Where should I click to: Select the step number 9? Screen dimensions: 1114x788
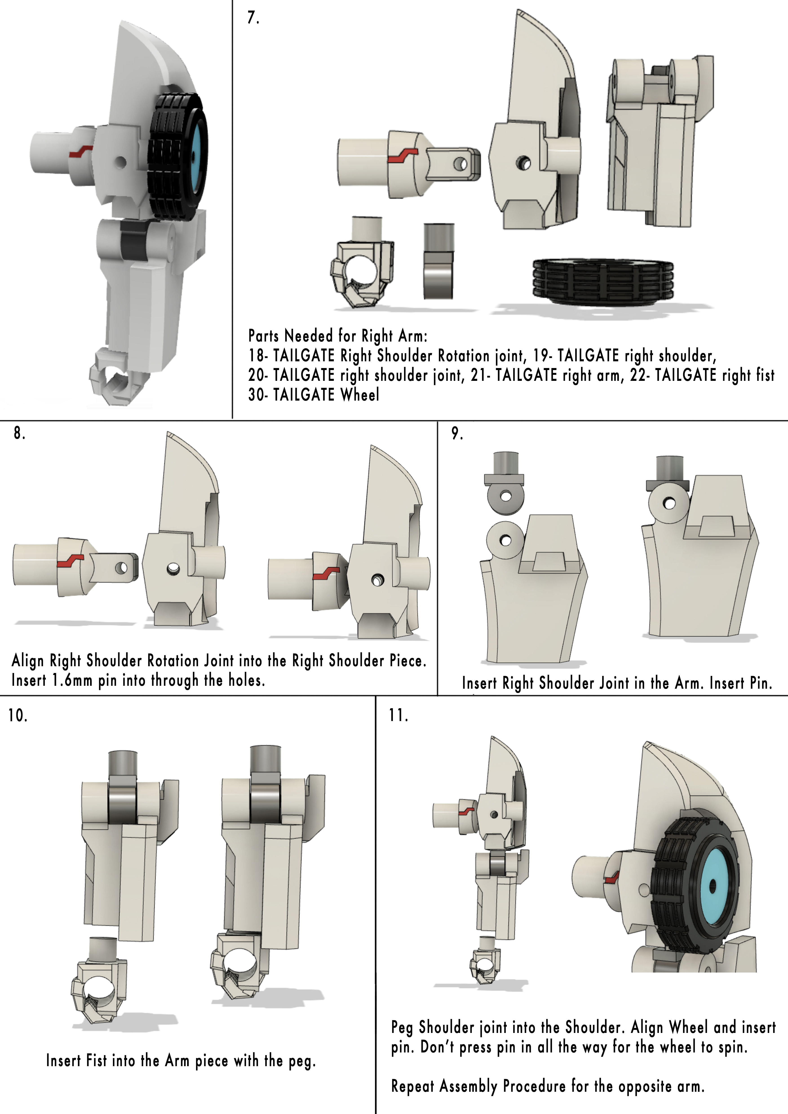point(457,433)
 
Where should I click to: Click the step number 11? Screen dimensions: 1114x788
point(398,715)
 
